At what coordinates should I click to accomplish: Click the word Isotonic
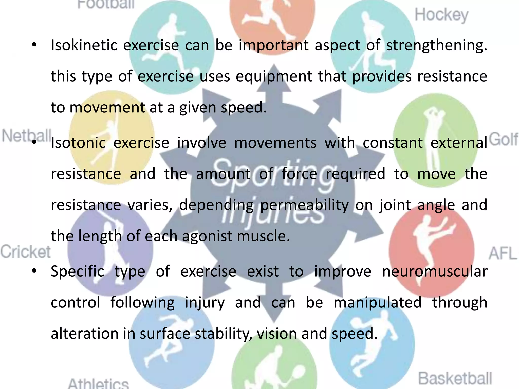(78, 143)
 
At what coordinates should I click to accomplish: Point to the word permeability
(304, 205)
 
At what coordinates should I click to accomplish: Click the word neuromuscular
(435, 271)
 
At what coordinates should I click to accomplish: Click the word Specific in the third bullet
(78, 272)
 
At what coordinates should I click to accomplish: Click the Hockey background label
(441, 15)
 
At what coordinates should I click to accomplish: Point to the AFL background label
(503, 253)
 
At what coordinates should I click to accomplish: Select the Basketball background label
(455, 378)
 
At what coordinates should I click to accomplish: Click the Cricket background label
(25, 252)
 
